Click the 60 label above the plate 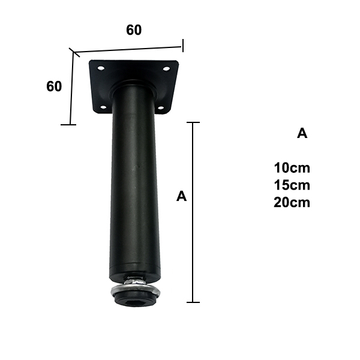point(134,30)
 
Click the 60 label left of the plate point(54,86)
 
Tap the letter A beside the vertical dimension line point(181,196)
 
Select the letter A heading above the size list point(302,133)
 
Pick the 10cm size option point(292,168)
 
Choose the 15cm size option point(292,185)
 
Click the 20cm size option point(292,203)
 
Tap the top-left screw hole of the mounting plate point(101,68)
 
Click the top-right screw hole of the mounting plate point(166,68)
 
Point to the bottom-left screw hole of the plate point(104,107)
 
